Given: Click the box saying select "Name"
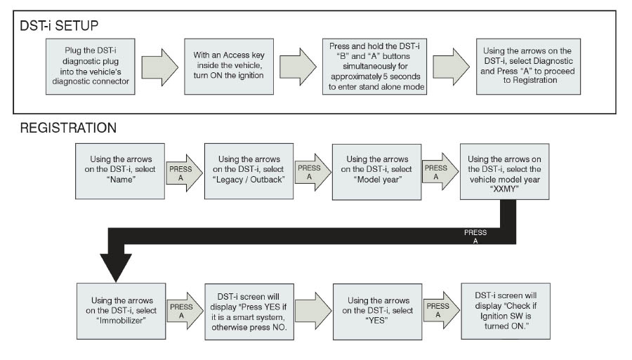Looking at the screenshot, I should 118,172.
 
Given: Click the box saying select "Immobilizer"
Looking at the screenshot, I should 118,310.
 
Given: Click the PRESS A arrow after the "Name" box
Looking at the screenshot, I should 181,173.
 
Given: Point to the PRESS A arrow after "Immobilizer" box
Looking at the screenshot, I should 181,310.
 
